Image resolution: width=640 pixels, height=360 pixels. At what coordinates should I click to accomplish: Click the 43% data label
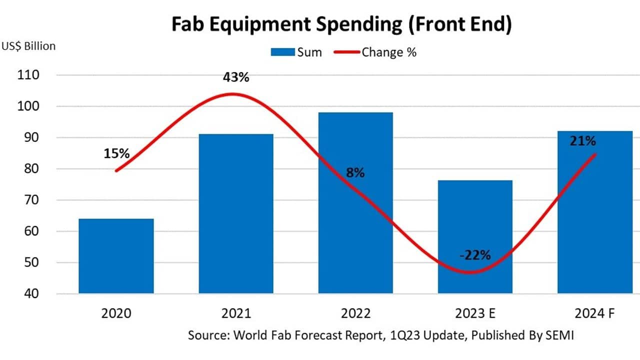pos(236,77)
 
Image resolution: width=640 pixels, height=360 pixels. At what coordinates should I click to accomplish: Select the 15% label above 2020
pos(117,153)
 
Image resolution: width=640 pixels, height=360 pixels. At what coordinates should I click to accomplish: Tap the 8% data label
pos(355,173)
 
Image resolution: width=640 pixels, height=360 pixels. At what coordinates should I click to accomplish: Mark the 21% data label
pos(582,141)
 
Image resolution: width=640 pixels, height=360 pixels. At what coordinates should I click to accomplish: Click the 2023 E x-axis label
pos(475,313)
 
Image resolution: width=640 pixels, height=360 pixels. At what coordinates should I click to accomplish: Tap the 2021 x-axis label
pos(236,313)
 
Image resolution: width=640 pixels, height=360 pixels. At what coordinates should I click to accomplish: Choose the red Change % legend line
pos(345,52)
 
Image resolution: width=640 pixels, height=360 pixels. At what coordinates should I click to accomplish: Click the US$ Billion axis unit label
pos(28,46)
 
